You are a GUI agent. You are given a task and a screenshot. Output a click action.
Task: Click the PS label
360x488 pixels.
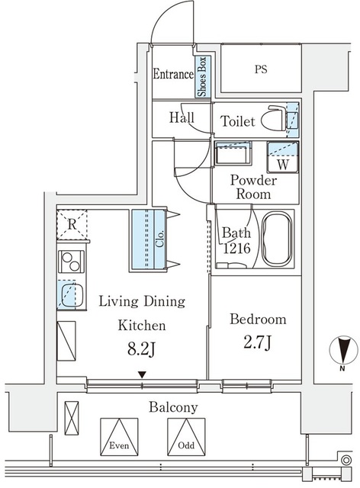coord(261,69)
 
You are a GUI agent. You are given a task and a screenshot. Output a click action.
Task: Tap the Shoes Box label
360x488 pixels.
coord(202,76)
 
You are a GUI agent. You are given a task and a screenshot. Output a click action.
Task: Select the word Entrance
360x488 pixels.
coord(173,74)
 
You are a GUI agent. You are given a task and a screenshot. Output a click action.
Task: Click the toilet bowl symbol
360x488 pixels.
coord(275,119)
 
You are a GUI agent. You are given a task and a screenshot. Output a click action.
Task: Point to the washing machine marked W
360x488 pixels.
coord(283,157)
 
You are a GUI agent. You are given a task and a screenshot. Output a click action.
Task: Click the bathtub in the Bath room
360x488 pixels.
coord(277,239)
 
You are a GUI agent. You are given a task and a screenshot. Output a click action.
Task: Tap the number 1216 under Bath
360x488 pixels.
coord(236,248)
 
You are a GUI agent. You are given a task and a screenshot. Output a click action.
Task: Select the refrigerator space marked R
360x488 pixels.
coord(72,224)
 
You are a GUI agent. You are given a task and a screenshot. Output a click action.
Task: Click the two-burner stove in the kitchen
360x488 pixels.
coord(71,262)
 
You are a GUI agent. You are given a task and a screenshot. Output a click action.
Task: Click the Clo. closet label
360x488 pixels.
coord(159,239)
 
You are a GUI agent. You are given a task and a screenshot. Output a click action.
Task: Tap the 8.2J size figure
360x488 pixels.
coord(142,348)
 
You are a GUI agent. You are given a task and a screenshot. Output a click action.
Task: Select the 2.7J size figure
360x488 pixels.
coord(258,342)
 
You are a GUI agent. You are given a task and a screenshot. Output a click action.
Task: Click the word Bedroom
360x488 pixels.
coord(258,319)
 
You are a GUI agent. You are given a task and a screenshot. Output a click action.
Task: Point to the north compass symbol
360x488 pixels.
coord(343,350)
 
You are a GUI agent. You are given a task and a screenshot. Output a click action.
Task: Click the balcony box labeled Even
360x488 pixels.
coord(119,437)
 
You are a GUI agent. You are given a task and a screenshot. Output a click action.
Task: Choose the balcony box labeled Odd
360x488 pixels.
coord(186,437)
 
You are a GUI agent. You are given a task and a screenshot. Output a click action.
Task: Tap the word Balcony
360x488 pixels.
coord(173,407)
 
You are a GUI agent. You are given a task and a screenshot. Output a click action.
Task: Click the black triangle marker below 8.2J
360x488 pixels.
coord(142,374)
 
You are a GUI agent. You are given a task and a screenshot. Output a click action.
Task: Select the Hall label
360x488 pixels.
coord(182,117)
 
